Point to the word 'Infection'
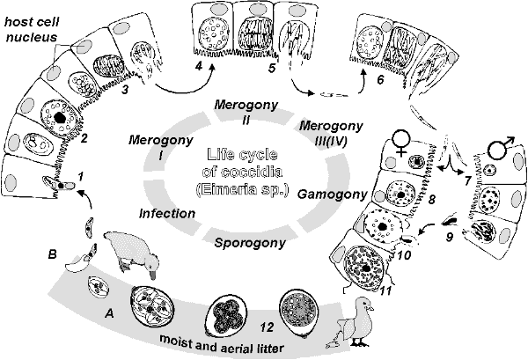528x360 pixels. coord(166,214)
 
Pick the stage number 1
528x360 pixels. coord(81,177)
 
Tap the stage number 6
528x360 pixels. coord(379,79)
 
